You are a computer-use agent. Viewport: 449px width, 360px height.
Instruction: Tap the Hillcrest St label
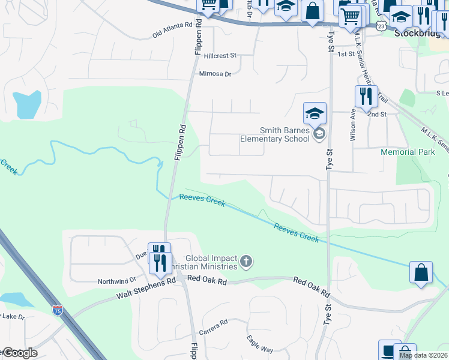[221, 55]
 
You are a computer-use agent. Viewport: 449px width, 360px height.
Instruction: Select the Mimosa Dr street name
[215, 74]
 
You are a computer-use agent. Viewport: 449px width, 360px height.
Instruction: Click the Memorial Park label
[408, 152]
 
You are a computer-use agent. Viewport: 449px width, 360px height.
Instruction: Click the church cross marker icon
[246, 261]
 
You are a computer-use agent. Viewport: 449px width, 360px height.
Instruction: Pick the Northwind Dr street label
[117, 281]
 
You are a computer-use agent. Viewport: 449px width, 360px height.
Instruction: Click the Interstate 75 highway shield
[58, 310]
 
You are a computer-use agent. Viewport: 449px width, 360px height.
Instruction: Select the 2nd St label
[376, 114]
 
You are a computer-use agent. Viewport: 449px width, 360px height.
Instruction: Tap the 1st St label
[346, 54]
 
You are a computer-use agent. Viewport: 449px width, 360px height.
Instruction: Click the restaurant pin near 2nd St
[366, 96]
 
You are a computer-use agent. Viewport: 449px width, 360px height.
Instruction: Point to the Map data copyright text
[423, 355]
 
